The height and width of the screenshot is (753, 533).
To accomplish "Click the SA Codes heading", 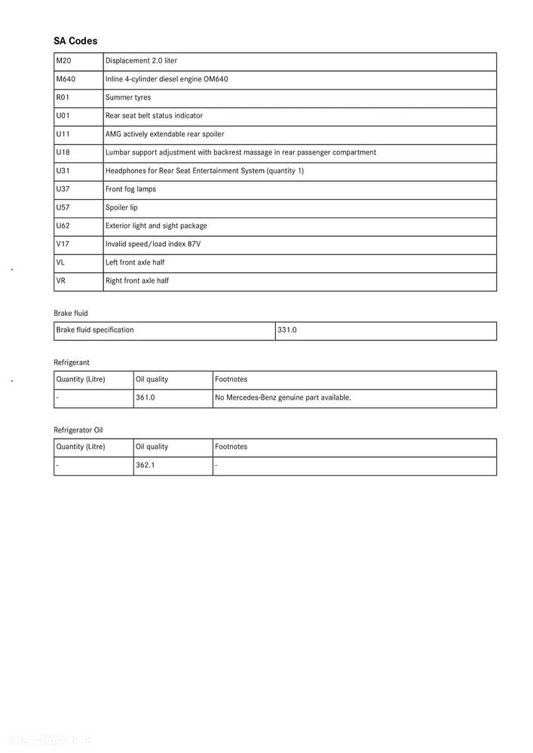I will click(75, 41).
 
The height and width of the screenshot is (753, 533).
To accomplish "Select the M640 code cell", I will click(66, 79).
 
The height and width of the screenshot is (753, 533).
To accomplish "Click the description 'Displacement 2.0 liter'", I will click(141, 61).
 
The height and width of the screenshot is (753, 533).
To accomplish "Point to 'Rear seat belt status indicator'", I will click(154, 116).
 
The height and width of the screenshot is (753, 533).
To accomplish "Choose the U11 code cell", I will click(63, 134).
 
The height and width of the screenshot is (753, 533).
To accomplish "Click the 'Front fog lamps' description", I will click(130, 189).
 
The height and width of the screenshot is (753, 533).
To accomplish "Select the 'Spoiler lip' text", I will click(121, 207).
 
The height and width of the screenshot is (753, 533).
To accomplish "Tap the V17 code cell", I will click(63, 244).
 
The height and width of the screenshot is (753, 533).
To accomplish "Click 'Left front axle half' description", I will click(135, 262).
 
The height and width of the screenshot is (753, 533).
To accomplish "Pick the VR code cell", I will click(61, 280).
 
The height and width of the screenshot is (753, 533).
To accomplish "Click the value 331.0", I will click(287, 330).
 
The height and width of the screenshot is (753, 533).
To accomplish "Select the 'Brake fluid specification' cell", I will click(95, 330).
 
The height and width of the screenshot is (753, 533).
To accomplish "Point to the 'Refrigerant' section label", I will click(72, 363).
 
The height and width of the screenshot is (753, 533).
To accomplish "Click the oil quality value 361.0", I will click(146, 397).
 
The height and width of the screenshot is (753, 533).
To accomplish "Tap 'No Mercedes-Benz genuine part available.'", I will click(283, 397).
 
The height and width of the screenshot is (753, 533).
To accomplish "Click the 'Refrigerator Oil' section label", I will click(78, 430).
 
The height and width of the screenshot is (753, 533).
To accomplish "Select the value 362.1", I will click(146, 465).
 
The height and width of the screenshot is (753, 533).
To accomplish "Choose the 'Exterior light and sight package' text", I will click(156, 226).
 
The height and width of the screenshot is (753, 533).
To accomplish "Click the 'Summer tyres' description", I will click(128, 97).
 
